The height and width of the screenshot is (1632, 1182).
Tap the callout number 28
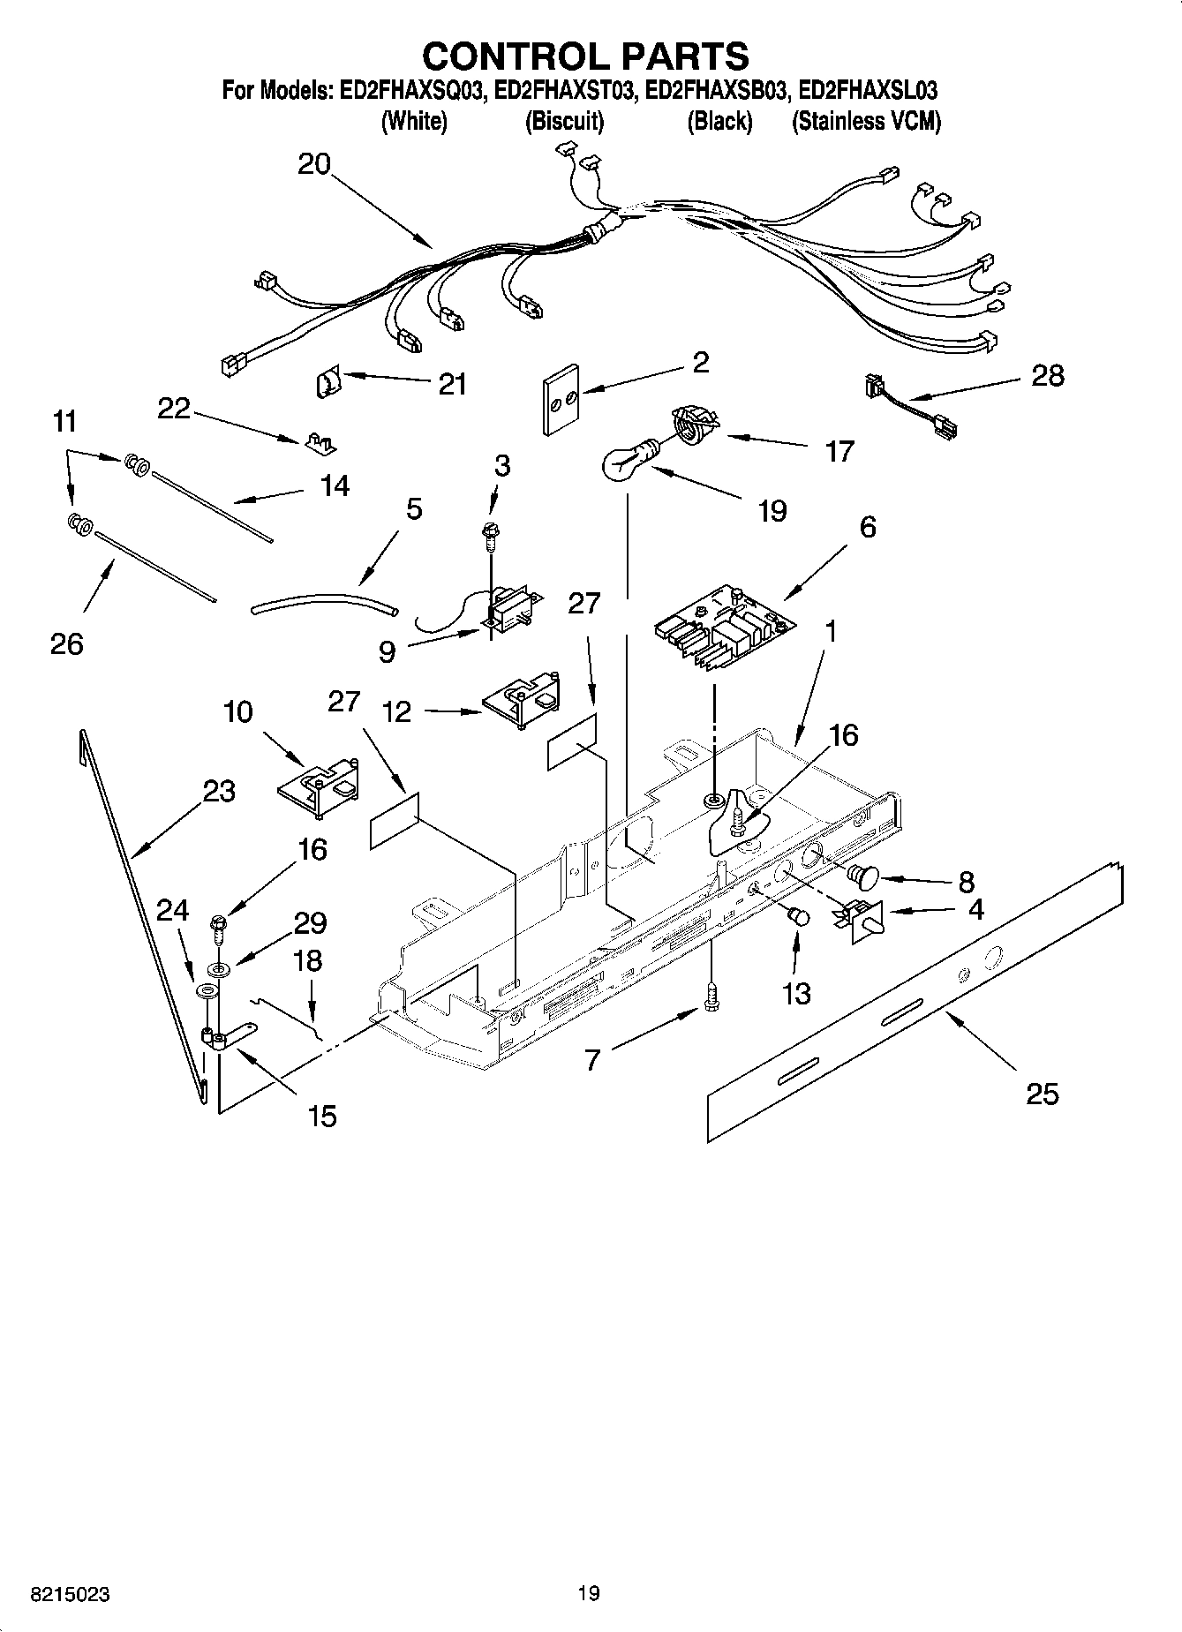tap(1047, 376)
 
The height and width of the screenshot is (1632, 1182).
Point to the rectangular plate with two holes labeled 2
tap(560, 398)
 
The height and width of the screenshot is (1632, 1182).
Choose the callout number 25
tap(1042, 1094)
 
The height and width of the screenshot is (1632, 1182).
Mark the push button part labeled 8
tap(862, 876)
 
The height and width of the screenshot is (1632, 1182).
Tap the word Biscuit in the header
tap(564, 122)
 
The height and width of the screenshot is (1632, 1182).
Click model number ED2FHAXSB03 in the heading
tap(714, 91)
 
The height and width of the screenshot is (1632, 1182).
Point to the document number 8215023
tap(71, 1594)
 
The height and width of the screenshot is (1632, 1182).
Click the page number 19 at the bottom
tap(589, 1593)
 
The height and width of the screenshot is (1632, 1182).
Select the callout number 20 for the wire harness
tap(314, 163)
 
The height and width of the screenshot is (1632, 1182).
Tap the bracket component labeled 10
tap(320, 783)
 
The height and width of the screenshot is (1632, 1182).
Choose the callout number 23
tap(219, 790)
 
